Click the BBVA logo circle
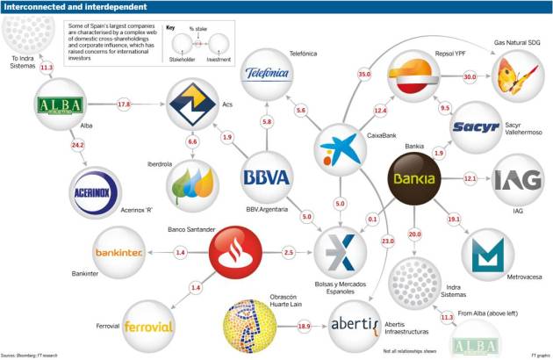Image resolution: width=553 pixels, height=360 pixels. point(266,177)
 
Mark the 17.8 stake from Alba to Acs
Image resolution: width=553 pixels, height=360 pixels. point(124,104)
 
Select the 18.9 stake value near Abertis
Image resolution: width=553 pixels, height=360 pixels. point(304,326)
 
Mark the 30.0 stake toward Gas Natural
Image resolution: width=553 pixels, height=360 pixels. point(469,76)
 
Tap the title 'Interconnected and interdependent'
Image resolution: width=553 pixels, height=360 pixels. point(66,7)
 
